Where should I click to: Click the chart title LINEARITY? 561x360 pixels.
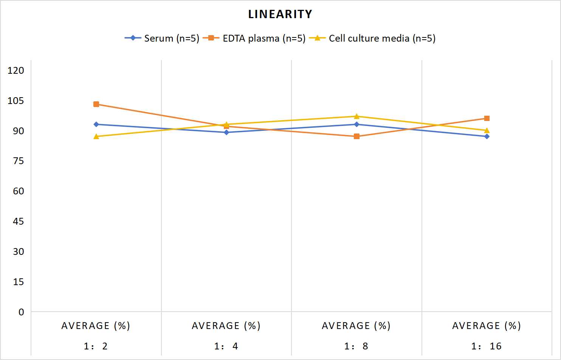click(x=280, y=14)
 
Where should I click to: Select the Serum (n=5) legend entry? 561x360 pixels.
click(x=162, y=38)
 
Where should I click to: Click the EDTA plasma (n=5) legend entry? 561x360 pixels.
click(x=254, y=38)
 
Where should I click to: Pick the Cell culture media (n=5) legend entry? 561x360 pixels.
click(x=372, y=38)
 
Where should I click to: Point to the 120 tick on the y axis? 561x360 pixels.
click(x=16, y=70)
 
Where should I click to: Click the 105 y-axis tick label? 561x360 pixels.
click(x=16, y=101)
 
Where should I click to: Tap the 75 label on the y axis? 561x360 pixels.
click(x=19, y=161)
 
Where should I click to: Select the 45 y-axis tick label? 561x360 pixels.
click(x=19, y=222)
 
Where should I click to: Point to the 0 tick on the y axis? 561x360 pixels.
click(x=21, y=312)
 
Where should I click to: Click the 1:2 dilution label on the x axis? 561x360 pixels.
click(x=96, y=346)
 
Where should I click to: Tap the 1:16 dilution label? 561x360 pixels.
click(x=487, y=346)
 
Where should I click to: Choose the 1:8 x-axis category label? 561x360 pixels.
click(x=356, y=346)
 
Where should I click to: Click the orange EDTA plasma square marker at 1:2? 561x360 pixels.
click(x=96, y=104)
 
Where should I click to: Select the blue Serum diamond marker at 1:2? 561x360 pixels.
click(x=96, y=124)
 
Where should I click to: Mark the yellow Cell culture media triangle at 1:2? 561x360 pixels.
click(x=96, y=137)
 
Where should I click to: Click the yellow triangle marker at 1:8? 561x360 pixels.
click(x=356, y=116)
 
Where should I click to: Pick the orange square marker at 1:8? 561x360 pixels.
click(x=356, y=137)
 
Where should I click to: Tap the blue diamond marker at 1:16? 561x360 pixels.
click(x=487, y=137)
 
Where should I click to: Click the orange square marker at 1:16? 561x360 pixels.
click(x=487, y=118)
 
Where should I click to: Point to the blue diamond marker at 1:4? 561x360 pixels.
click(x=226, y=132)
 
